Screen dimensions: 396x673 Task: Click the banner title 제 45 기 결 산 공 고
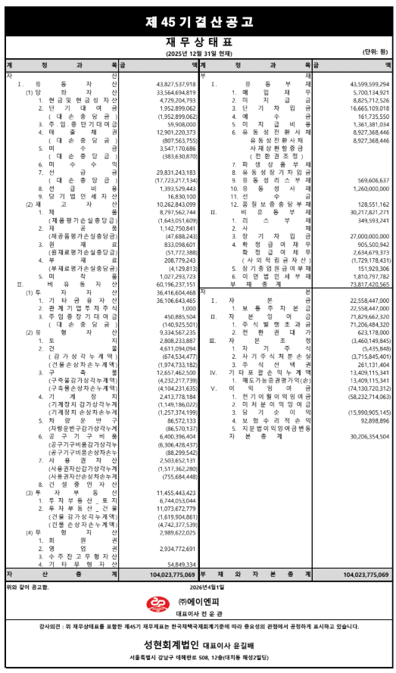pos(198,21)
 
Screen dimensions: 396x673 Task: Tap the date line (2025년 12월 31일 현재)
pos(198,54)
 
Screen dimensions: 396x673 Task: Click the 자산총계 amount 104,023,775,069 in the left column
pos(170,575)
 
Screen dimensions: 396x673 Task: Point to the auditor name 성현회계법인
pos(164,646)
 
